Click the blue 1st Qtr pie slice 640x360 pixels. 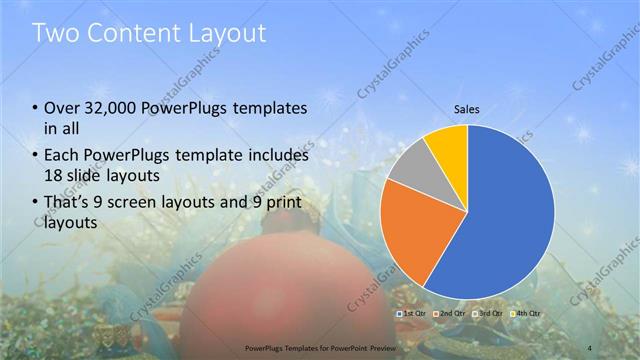click(510, 210)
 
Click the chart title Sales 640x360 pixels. click(466, 109)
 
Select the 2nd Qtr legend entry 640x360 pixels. click(453, 314)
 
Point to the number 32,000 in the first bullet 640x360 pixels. click(111, 107)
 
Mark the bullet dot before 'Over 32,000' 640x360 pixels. click(35, 108)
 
